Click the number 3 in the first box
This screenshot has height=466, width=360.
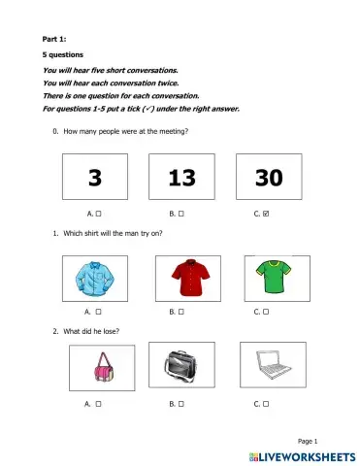94,178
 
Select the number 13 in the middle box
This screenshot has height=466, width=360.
180,178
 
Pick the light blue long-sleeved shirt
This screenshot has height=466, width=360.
94,278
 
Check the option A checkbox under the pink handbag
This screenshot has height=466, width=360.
99,402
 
